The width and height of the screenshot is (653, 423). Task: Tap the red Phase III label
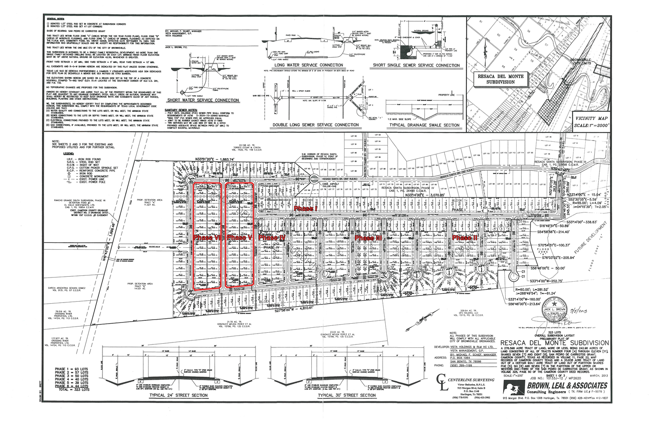point(368,238)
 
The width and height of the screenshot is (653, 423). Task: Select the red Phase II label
point(464,238)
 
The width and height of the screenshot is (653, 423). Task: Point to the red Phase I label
point(306,208)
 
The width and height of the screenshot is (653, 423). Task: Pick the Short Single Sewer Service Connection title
point(416,65)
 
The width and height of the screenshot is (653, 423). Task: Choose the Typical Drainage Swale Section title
point(424,125)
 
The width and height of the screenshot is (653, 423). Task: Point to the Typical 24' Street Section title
point(178,395)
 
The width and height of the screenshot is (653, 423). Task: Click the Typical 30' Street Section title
point(346,395)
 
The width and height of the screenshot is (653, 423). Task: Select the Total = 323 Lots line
point(71,390)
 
